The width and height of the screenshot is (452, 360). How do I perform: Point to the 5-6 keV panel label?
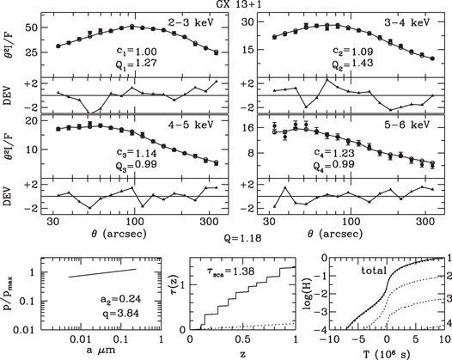[x=406, y=123]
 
